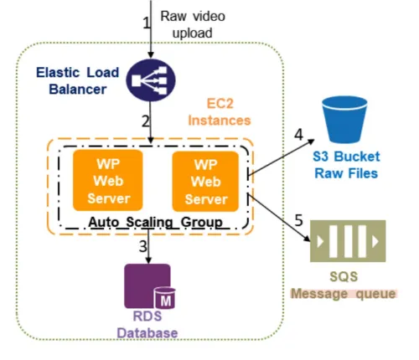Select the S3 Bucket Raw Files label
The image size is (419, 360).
pyautogui.click(x=345, y=166)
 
